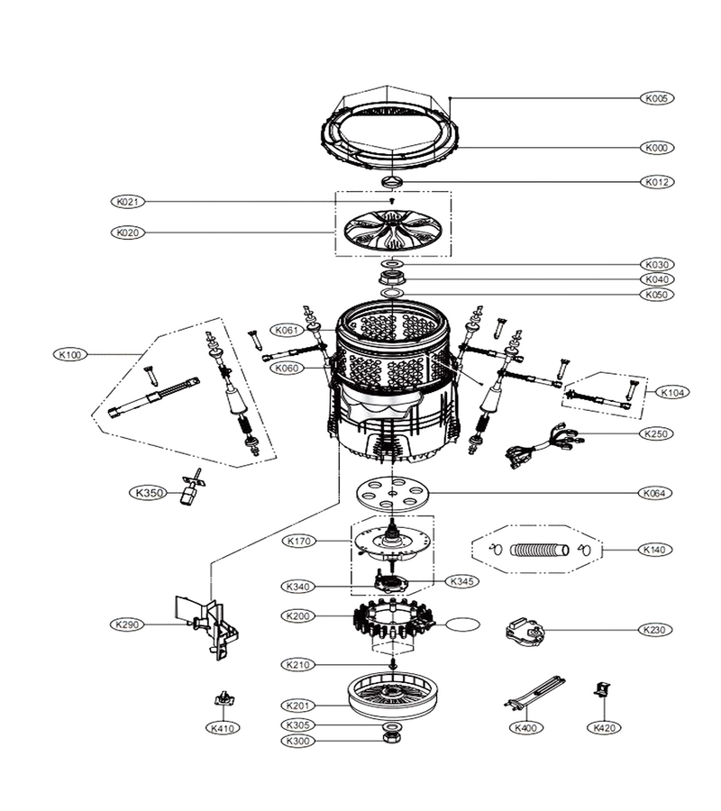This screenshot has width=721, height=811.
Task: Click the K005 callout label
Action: tap(657, 98)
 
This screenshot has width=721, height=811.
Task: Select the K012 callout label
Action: tap(657, 182)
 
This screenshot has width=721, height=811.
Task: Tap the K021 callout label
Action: tap(128, 202)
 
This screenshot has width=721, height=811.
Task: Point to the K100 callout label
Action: tap(69, 355)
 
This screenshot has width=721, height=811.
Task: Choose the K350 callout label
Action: tap(149, 493)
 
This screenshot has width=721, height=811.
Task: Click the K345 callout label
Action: tap(461, 581)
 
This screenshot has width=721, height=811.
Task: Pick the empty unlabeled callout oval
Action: tap(462, 624)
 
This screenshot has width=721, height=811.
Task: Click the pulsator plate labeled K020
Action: tap(393, 232)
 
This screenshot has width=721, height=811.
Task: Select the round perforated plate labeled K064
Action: tap(393, 495)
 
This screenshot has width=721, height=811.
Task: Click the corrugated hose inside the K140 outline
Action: tap(540, 550)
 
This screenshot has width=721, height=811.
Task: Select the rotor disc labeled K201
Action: tap(393, 697)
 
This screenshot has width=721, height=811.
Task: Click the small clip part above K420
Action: tap(603, 689)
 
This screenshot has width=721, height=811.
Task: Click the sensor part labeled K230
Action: tap(524, 631)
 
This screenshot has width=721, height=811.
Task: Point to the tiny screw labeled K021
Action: tap(393, 200)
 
